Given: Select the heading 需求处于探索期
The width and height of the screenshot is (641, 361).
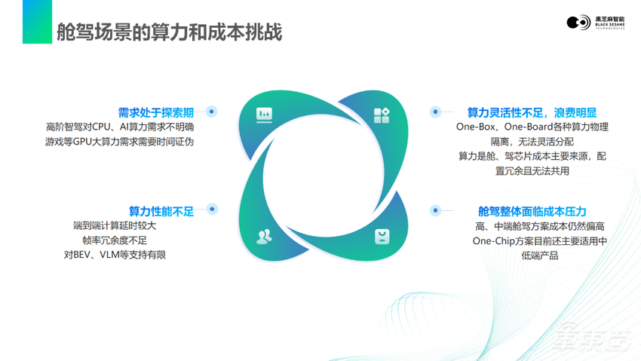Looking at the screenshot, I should [x=156, y=112].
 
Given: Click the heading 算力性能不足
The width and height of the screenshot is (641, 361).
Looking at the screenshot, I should [x=161, y=210].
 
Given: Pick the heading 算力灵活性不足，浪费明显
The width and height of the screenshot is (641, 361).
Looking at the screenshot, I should [x=532, y=112].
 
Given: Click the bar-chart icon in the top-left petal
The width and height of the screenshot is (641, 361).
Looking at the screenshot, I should [x=264, y=115].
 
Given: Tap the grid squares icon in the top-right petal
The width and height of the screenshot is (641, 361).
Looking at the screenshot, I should [x=382, y=115].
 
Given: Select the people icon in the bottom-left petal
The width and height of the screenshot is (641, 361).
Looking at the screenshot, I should [x=264, y=236].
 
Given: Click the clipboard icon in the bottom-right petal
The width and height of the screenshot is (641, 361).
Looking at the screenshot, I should [x=382, y=236].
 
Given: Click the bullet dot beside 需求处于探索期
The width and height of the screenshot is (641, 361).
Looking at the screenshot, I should [x=212, y=112].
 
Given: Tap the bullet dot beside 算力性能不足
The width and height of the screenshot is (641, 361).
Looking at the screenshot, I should [x=212, y=209].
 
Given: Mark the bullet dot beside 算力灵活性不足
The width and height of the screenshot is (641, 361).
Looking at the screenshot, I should [x=435, y=112].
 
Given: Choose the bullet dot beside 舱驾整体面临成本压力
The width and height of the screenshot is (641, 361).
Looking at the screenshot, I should [x=435, y=210].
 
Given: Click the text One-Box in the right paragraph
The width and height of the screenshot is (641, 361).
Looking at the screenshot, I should [x=474, y=127].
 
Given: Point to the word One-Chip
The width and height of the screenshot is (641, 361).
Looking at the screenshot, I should [x=493, y=241].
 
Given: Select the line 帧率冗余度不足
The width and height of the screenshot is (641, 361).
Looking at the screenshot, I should [x=115, y=240].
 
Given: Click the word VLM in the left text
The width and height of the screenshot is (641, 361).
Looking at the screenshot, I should [x=110, y=255].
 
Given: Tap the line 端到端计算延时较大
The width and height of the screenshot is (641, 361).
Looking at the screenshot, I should [x=115, y=225].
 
